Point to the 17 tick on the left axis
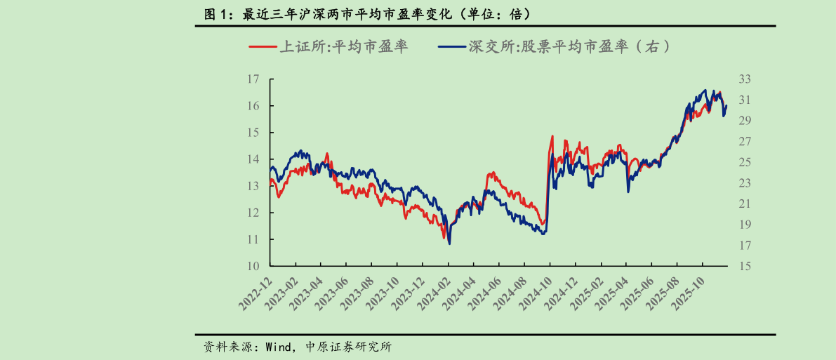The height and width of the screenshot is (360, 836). click(x=253, y=79)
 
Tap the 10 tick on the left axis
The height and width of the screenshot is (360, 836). click(x=253, y=266)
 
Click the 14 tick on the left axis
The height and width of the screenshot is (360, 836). click(x=253, y=159)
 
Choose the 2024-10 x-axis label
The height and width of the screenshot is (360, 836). click(x=537, y=293)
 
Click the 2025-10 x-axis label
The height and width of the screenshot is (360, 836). click(x=690, y=293)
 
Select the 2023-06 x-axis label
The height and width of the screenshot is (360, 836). click(x=333, y=293)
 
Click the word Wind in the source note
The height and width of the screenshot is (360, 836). click(x=278, y=347)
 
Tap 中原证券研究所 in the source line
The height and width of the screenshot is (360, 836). click(x=349, y=347)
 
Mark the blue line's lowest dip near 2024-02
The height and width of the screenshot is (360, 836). click(x=449, y=244)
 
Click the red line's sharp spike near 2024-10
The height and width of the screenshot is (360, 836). click(x=552, y=136)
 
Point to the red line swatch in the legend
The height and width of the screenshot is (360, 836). click(x=263, y=48)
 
